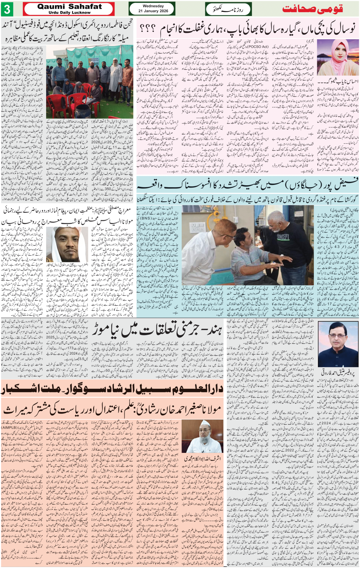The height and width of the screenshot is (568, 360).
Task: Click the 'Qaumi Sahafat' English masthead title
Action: [x=70, y=6]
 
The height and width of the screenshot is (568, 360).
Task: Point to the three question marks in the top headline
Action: [x=147, y=29]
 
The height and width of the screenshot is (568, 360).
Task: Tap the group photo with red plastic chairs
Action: [x=90, y=82]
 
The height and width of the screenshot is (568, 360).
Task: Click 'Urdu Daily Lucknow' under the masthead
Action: [x=70, y=13]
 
